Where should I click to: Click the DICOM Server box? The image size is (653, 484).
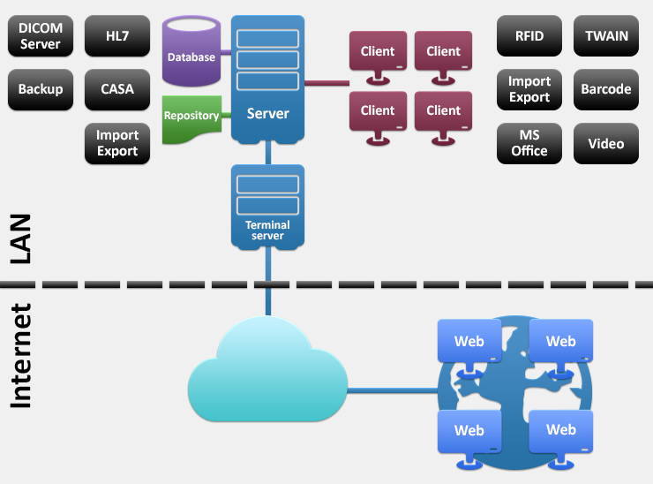coord(41,36)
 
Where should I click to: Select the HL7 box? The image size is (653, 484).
coord(117,36)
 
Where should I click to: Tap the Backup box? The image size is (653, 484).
coord(41,89)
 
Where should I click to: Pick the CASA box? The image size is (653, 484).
coord(117,89)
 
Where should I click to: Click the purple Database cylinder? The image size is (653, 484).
coord(191,51)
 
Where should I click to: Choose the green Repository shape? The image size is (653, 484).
coord(191,119)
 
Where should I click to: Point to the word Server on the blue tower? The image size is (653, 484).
coord(267,113)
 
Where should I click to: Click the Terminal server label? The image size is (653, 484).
coord(267,231)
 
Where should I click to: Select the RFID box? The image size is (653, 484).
coord(529,36)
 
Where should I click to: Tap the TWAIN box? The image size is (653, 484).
coord(606,36)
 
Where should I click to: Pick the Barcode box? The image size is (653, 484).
coord(606,89)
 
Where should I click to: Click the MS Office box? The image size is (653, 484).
coord(529,143)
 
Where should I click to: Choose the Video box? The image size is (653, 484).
coord(606,143)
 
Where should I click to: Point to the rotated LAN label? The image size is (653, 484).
coord(20,238)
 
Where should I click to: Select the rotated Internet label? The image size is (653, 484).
coord(20,355)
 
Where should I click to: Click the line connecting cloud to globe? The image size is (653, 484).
coord(393,390)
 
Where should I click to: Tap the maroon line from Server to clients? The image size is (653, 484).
coord(326,83)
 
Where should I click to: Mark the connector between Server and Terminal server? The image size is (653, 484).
coord(267,153)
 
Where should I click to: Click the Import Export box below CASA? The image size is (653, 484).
coord(117,143)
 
